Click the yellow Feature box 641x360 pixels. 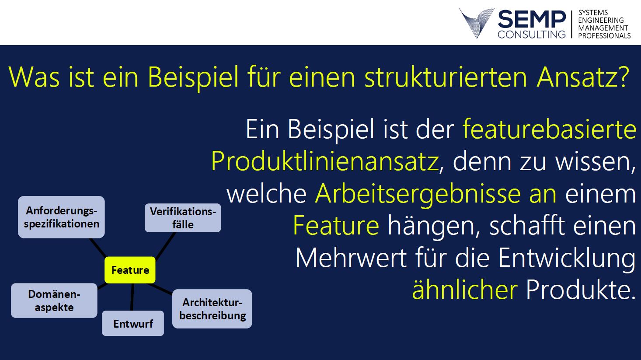click(x=130, y=270)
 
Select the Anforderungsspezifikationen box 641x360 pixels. click(x=61, y=217)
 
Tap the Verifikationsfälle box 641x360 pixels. click(x=183, y=218)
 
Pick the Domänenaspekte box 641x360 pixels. click(x=54, y=301)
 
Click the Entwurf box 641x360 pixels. click(x=133, y=323)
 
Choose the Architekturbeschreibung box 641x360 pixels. click(x=212, y=309)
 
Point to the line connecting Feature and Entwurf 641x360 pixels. click(x=132, y=297)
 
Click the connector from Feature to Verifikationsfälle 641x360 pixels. click(x=165, y=246)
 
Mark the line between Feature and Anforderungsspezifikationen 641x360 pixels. click(x=98, y=248)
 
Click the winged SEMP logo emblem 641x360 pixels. click(x=477, y=23)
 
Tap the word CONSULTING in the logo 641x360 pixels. click(x=532, y=35)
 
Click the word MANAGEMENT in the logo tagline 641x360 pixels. click(x=603, y=28)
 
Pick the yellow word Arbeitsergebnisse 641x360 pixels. click(x=418, y=193)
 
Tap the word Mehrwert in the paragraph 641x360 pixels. click(x=351, y=258)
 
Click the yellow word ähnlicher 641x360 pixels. click(x=465, y=289)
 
